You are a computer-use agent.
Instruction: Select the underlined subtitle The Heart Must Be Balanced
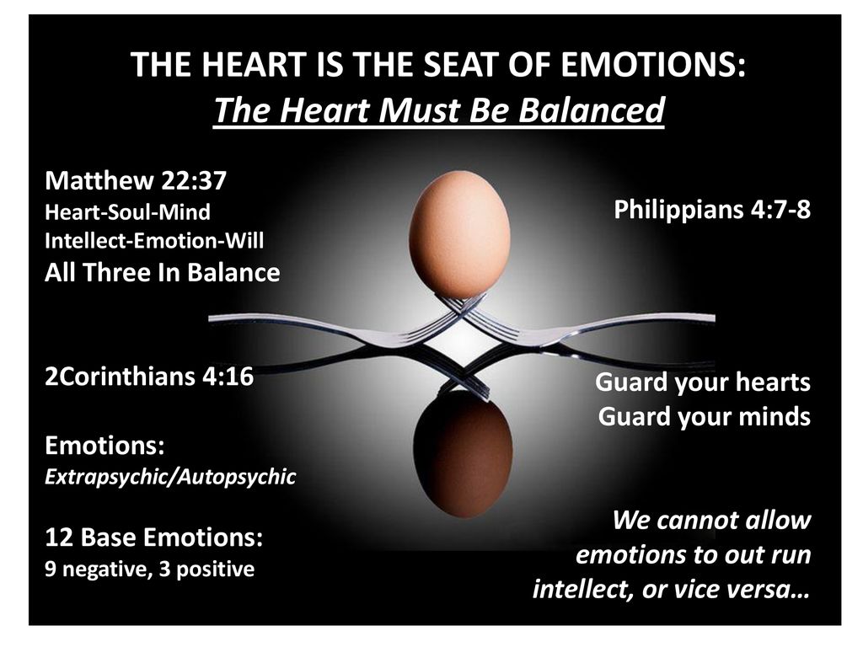pos(438,110)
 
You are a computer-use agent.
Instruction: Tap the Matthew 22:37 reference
pos(136,180)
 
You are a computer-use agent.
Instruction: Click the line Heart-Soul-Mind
pos(127,211)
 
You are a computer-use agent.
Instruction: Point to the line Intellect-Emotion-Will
pos(154,240)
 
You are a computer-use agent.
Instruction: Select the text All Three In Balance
pos(163,272)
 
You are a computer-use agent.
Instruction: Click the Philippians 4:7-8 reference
pos(712,211)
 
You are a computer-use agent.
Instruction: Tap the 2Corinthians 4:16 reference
pos(149,377)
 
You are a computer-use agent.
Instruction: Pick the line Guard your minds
pos(705,417)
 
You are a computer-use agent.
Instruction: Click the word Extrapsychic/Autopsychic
pos(170,477)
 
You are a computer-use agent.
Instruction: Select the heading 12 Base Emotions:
pos(153,537)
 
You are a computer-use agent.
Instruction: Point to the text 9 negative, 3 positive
pos(150,569)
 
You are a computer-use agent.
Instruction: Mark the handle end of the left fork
pos(212,318)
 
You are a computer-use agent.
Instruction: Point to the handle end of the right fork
pos(712,318)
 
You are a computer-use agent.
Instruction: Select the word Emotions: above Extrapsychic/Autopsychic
pos(105,446)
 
